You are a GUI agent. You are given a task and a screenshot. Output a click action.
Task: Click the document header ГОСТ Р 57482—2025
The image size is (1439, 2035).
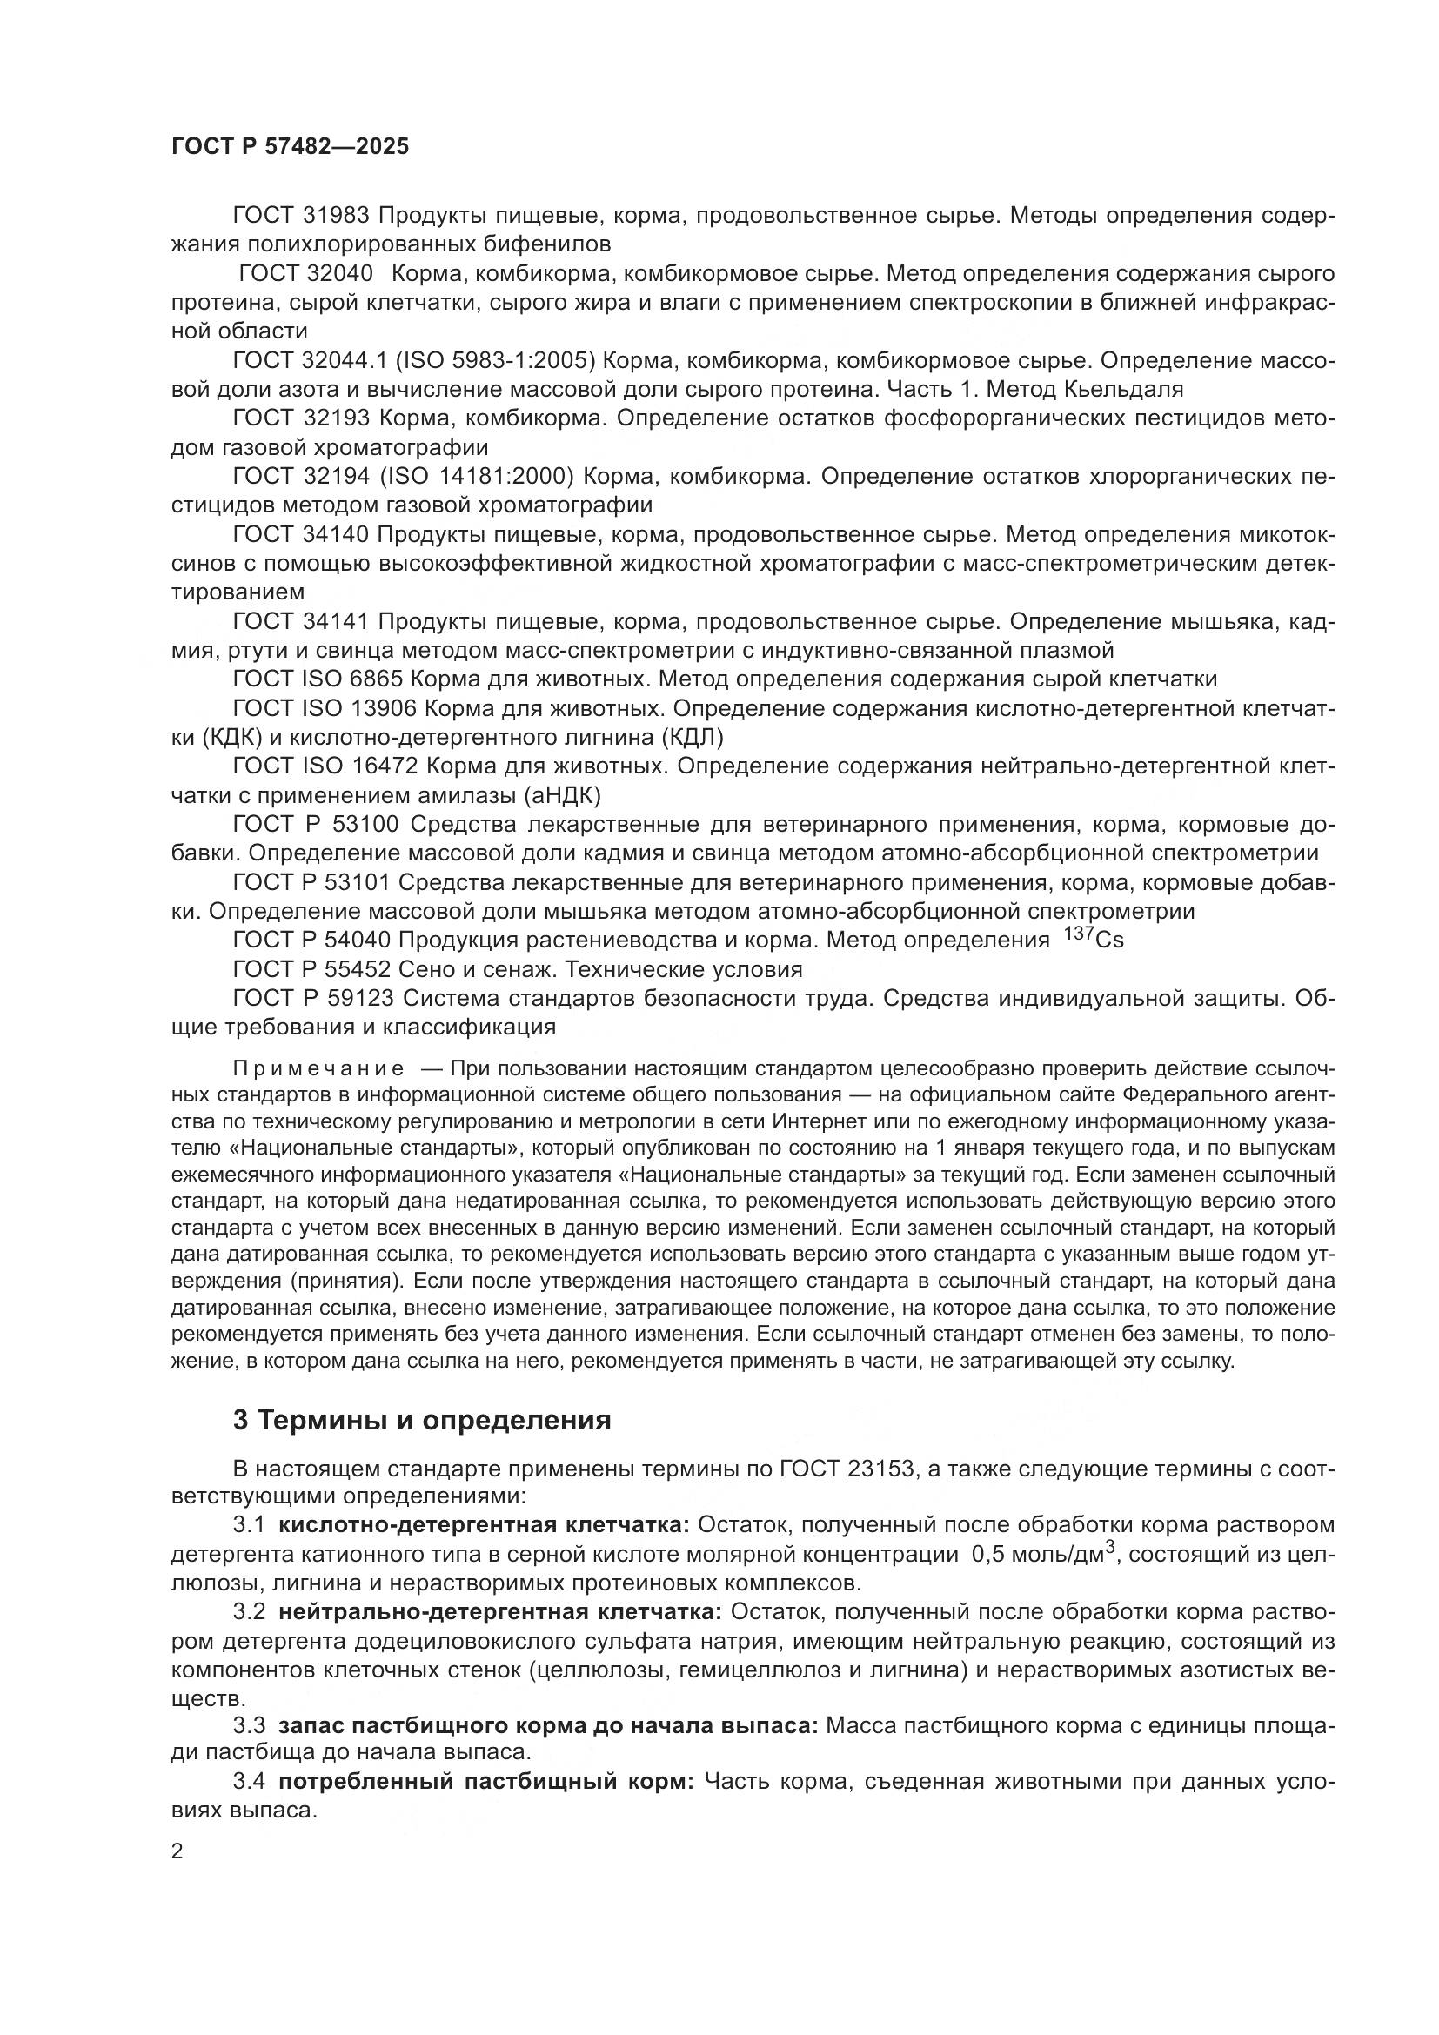click(290, 147)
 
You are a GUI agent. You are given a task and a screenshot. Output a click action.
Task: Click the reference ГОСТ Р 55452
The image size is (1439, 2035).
click(312, 968)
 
